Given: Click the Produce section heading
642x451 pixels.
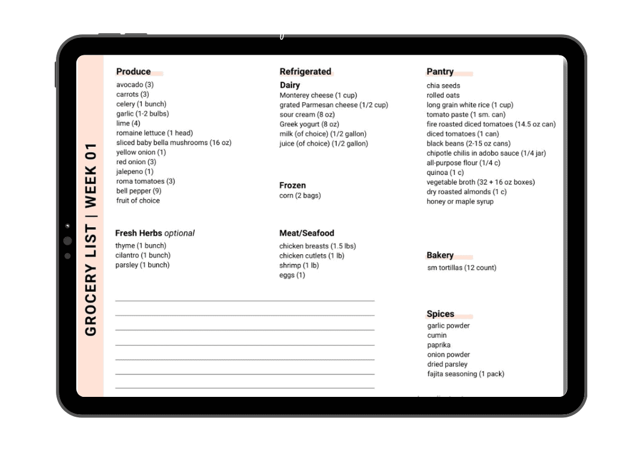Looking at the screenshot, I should (133, 72).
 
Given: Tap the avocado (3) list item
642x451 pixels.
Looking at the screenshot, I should (135, 85).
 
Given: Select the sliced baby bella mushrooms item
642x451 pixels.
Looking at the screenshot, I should (174, 143).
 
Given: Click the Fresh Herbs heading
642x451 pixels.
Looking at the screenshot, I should (155, 233).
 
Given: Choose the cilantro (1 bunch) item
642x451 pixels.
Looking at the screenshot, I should (143, 255).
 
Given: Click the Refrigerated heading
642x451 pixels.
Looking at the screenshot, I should (305, 72).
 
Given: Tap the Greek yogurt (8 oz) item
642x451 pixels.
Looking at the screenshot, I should (309, 124).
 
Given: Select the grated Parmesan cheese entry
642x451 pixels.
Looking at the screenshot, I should (334, 105).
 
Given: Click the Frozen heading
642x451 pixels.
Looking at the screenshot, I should (293, 185).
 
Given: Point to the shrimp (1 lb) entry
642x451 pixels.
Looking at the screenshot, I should (299, 265).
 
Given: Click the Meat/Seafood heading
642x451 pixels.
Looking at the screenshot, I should (307, 233).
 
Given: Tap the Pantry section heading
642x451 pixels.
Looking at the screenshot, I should (440, 72).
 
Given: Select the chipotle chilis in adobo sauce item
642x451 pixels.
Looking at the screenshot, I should (486, 153).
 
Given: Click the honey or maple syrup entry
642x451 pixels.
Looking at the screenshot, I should (460, 201).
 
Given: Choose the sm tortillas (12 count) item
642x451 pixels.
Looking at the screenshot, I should (462, 268).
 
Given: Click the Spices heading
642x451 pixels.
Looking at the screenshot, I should (441, 314).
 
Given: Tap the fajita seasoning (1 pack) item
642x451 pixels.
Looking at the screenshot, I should (466, 374).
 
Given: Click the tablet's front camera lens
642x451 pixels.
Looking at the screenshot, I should (67, 241).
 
